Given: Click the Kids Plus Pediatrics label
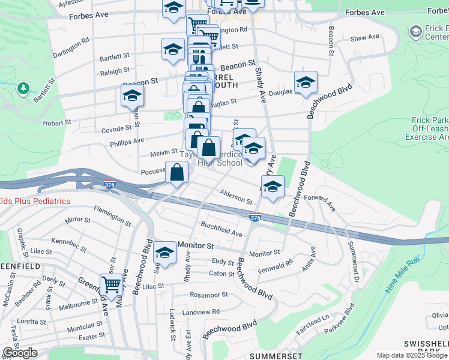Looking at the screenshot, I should [35, 202].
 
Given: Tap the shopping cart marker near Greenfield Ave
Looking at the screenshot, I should [111, 285].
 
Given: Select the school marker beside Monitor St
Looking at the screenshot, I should [164, 252].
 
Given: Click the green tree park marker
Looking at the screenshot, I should [24, 89].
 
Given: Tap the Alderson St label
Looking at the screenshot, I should [236, 196].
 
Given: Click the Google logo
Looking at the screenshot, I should [20, 353].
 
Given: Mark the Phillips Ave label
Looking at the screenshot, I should [127, 141].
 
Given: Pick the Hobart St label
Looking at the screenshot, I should [58, 122].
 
